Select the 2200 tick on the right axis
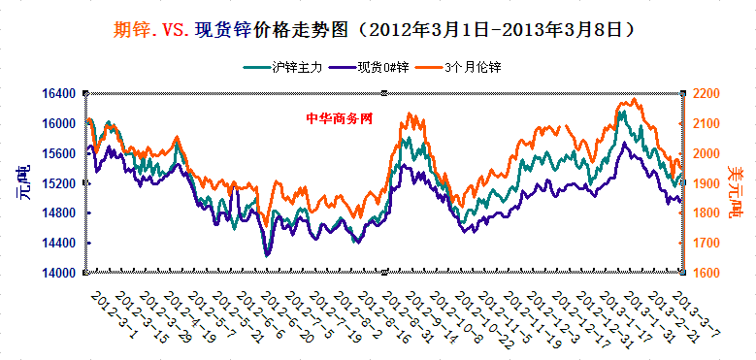point(707,93)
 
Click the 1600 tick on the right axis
point(707,273)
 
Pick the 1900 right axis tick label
point(707,183)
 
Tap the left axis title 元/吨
point(22,182)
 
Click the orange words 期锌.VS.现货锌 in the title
point(185,30)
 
